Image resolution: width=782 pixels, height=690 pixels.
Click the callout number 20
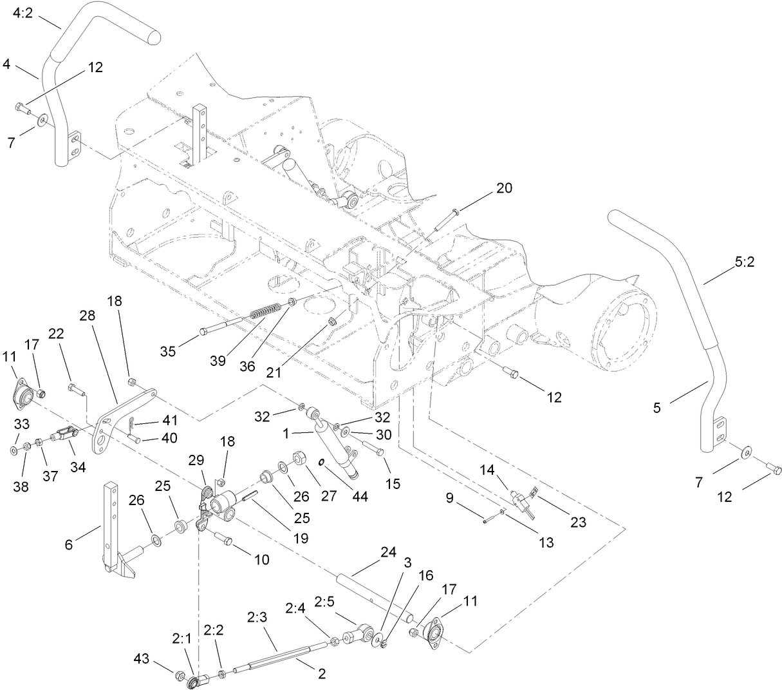pos(504,188)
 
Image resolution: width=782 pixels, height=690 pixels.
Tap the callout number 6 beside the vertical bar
pos(70,544)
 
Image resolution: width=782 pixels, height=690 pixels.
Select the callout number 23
pos(578,522)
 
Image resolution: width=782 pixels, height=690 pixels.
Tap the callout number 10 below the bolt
pos(261,559)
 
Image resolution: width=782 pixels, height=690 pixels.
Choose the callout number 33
pos(22,425)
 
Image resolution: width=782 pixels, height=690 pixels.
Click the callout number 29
pos(196,459)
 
